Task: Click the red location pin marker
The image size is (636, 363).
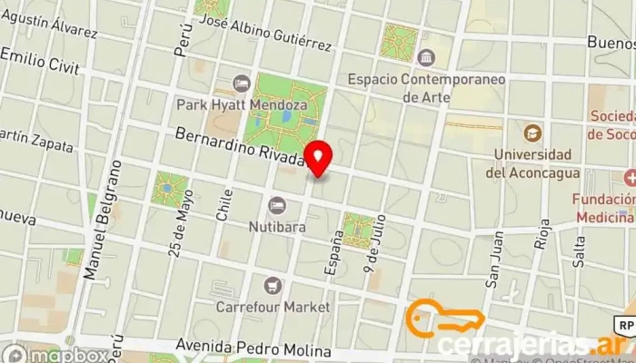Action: [x=317, y=157]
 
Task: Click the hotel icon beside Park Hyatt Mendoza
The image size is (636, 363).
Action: [x=242, y=83]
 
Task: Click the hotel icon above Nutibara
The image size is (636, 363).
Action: [x=276, y=202]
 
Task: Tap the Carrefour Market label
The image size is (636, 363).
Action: [x=273, y=307]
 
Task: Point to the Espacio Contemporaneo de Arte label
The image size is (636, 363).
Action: [x=426, y=87]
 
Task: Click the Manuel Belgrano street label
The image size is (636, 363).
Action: [x=100, y=221]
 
